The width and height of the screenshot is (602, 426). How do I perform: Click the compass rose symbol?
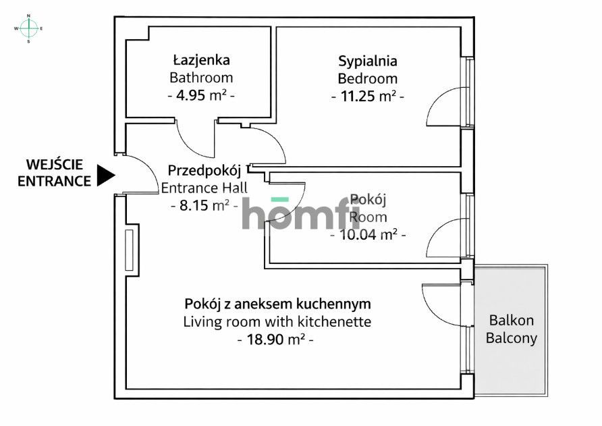(x=28, y=28)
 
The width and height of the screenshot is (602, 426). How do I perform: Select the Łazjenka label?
(x=201, y=61)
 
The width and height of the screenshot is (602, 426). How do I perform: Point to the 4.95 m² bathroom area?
(x=201, y=95)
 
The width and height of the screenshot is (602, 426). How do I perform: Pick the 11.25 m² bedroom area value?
(x=368, y=96)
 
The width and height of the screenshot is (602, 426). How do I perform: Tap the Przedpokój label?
(x=204, y=170)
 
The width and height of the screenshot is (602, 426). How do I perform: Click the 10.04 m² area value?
(x=368, y=235)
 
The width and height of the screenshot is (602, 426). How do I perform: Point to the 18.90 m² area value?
(x=277, y=340)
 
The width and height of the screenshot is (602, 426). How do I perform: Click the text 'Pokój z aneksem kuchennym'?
(x=277, y=304)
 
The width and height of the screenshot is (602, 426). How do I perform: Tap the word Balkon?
(x=512, y=320)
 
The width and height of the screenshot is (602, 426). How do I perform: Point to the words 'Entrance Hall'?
(x=204, y=188)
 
